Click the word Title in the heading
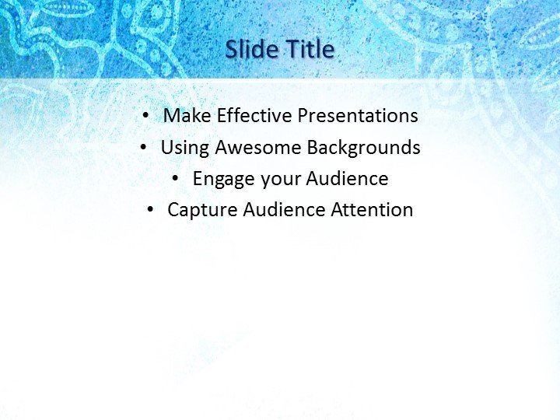point(310,50)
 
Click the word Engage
point(224,179)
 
